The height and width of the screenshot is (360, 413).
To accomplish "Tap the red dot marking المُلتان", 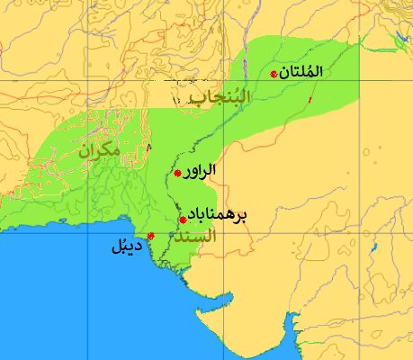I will pos(274,74).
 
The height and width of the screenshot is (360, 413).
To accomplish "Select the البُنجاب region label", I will pos(215,99).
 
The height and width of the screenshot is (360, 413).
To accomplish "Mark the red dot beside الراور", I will pos(178,173).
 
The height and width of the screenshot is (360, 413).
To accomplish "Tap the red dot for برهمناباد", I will pos(183,219).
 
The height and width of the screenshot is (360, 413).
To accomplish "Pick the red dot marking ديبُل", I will pos(150,236).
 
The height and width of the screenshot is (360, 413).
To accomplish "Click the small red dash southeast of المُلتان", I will pos(311,98).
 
